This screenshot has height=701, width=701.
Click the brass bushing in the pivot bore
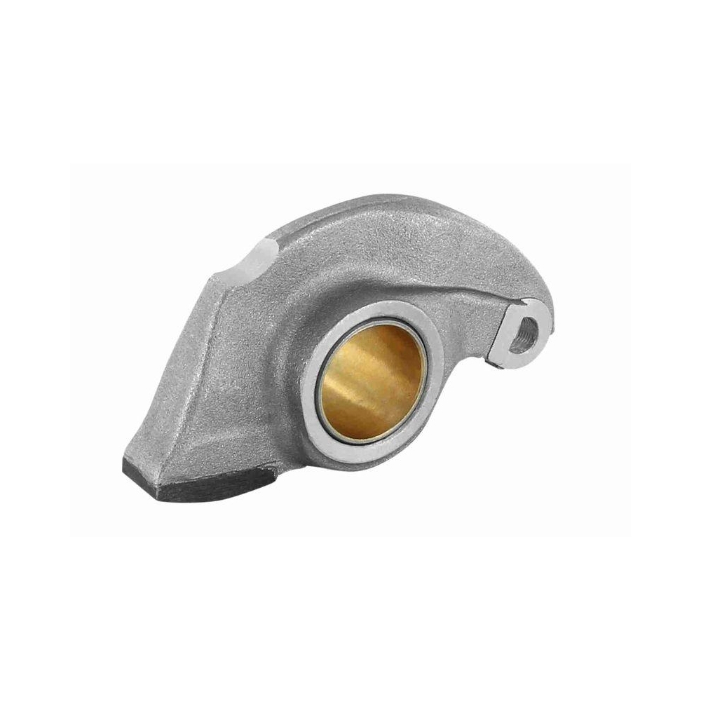click(372, 382)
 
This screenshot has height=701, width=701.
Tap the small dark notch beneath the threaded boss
click(495, 361)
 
